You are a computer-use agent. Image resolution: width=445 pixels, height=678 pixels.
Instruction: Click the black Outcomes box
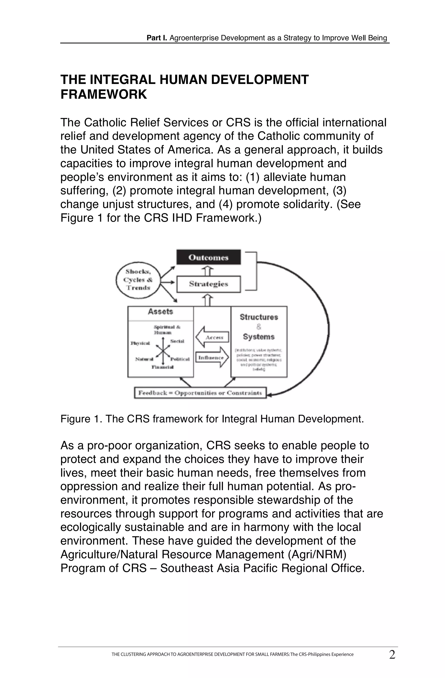coord(208,257)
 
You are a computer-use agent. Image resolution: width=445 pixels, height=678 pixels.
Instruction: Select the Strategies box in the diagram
coord(208,284)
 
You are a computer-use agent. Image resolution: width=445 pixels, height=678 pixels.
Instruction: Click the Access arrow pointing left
coord(212,337)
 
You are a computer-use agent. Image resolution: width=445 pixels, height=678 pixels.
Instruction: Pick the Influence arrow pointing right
coord(212,357)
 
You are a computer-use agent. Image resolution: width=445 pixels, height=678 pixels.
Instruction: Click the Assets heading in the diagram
coord(161,312)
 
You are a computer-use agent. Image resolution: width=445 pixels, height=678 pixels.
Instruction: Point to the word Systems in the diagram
coord(259,337)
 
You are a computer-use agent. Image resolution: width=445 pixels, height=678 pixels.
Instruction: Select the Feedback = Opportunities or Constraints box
coord(200,393)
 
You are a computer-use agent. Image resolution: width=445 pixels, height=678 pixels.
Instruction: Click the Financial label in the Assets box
coord(163,367)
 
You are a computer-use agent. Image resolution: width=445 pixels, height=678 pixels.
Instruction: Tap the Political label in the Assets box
coord(180,359)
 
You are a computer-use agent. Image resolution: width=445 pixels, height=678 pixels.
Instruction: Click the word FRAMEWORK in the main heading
coord(104,94)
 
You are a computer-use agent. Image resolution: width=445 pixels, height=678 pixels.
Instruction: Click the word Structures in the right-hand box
coord(259,317)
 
